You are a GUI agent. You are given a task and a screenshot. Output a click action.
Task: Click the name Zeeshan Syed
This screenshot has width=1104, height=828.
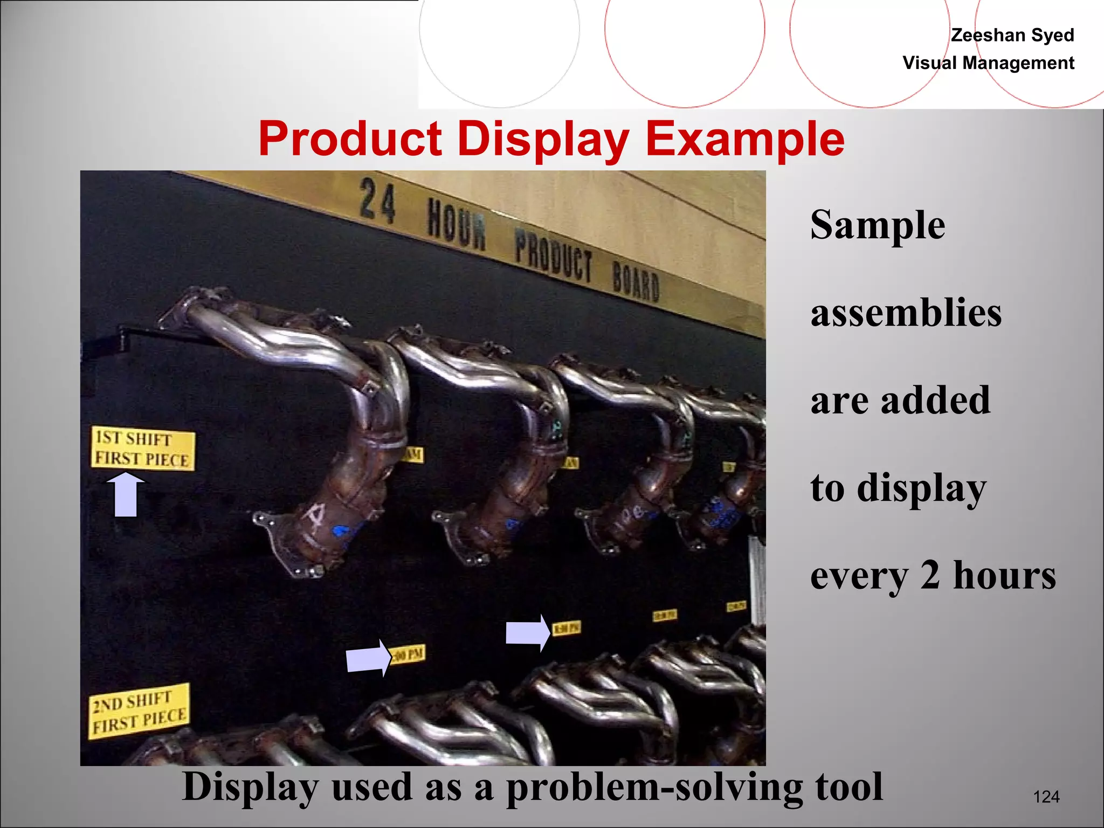click(1012, 35)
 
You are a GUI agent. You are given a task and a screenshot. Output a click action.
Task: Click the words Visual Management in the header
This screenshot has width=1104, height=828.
click(988, 63)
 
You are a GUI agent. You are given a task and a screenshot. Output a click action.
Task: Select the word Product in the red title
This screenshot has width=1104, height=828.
click(350, 139)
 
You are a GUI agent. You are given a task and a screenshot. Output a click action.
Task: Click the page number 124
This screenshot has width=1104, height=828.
click(1046, 797)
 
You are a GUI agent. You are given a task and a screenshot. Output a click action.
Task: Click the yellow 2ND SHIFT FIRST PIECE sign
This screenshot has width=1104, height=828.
click(139, 711)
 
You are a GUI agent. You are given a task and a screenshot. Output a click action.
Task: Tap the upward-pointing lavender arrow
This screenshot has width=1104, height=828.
click(126, 494)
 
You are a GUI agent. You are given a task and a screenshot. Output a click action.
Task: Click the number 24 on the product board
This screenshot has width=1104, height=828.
click(377, 201)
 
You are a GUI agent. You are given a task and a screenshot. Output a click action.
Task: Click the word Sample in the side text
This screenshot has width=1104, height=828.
click(878, 225)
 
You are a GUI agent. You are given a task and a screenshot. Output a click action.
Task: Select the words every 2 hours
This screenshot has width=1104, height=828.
click(933, 576)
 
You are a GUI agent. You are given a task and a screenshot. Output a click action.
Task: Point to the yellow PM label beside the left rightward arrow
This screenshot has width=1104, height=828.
click(408, 654)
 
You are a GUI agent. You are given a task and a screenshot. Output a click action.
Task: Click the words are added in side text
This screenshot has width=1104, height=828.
click(900, 401)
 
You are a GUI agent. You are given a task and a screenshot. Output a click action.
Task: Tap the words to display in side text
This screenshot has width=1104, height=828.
click(898, 488)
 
